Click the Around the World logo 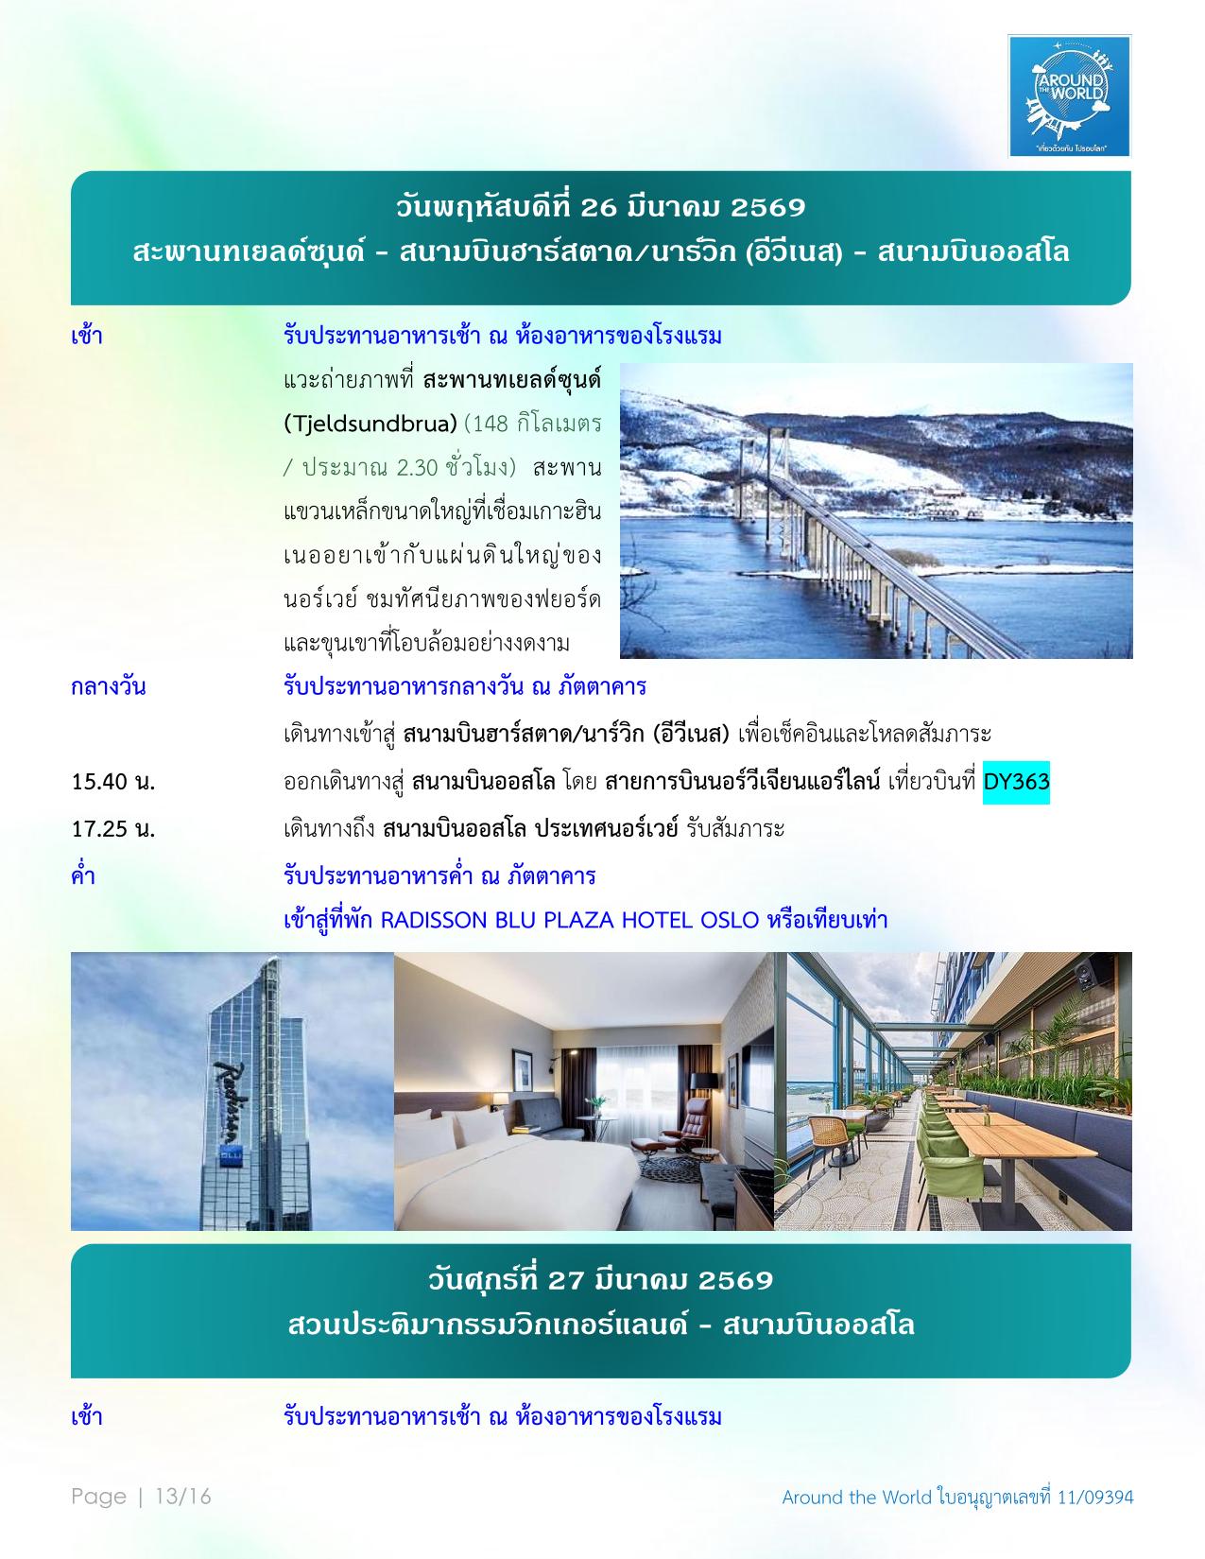coord(1069,95)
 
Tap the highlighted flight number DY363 coord(1016,782)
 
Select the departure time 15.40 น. coord(113,782)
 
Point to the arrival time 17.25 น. coord(113,829)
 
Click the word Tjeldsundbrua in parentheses coord(376,423)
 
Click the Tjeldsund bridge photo coord(876,511)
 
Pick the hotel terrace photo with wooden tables coord(953,1091)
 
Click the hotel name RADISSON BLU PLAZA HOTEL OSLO coord(570,920)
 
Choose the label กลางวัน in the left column coord(109,687)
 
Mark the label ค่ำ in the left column coord(83,875)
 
